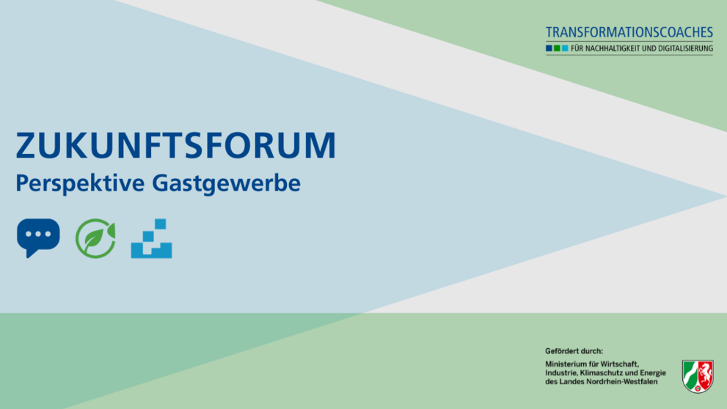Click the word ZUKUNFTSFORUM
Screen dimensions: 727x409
coord(176,145)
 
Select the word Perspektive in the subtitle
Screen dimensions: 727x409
coord(80,184)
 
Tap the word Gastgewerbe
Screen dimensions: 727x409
coord(226,184)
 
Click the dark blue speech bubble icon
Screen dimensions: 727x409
coord(38,237)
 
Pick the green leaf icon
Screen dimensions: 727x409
coord(95,238)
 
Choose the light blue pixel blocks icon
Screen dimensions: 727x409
coord(151,238)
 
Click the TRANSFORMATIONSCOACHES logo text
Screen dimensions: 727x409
coord(629,32)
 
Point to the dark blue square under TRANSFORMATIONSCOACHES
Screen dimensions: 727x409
coord(549,48)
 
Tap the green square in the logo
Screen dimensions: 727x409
coord(557,48)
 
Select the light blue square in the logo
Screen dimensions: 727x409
coord(565,48)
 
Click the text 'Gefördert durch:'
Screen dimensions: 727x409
coord(574,351)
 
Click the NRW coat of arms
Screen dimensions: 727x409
coord(698,376)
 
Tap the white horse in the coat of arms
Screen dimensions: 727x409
coord(704,373)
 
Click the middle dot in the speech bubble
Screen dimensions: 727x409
coord(38,234)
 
